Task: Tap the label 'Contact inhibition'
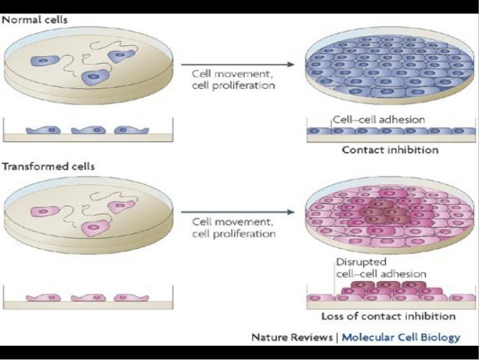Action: coord(390,150)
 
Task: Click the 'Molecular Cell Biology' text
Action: coord(401,337)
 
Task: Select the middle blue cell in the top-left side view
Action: coord(86,129)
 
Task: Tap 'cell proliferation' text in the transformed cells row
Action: coord(233,234)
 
